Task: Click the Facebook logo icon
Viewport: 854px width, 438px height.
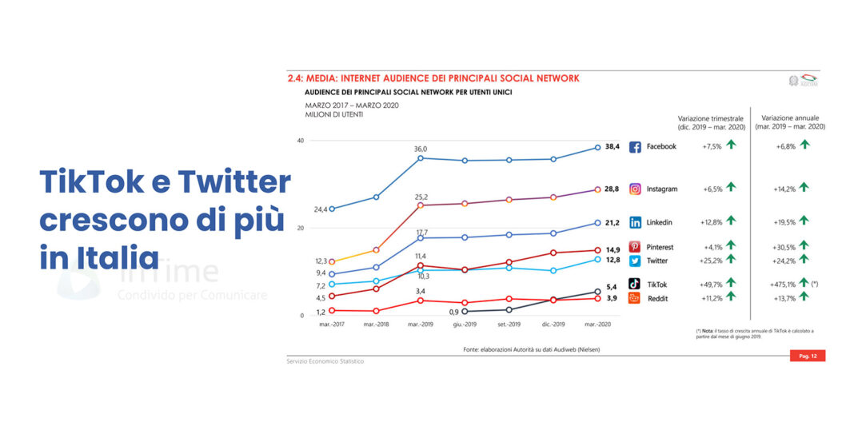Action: coord(635,147)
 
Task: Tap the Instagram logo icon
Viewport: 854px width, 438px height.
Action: coord(635,189)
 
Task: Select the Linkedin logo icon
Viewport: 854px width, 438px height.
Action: coord(635,222)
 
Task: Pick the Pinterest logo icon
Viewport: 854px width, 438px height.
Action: coord(635,247)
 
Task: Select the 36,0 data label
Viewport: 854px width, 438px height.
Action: coord(420,149)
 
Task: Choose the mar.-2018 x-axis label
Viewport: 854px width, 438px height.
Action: coord(376,325)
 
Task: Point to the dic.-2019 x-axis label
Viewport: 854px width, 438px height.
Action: coord(553,325)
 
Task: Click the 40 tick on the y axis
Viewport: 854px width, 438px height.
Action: coord(301,141)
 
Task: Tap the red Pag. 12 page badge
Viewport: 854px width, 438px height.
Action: coord(807,356)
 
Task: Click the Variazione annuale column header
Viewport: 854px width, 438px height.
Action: coord(793,121)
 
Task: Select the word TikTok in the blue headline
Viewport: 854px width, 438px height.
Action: coord(90,183)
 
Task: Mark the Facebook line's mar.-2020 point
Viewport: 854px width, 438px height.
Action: coord(597,147)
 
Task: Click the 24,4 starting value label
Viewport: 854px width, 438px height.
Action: coord(320,209)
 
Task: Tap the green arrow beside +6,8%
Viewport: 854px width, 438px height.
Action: coord(804,145)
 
